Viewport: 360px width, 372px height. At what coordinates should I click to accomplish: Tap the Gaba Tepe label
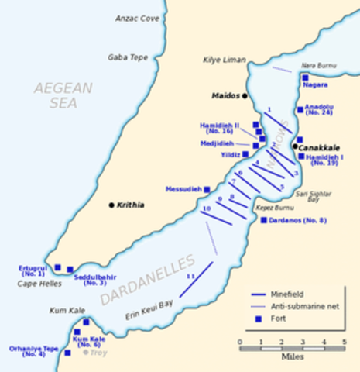(128, 57)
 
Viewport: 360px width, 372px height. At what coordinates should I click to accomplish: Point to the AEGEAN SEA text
(63, 95)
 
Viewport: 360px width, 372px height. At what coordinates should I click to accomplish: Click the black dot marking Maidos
(245, 96)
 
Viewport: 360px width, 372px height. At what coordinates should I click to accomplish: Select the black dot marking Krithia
(111, 205)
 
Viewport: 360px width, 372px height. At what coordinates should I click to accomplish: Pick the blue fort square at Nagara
(306, 78)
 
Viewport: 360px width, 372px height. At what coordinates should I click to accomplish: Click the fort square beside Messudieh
(207, 189)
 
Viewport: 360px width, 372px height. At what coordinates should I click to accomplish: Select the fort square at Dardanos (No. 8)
(263, 220)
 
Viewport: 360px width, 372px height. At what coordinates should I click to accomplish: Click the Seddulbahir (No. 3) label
(94, 280)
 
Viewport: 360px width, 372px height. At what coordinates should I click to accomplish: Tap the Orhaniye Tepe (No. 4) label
(33, 351)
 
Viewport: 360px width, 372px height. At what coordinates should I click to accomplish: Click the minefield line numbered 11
(197, 279)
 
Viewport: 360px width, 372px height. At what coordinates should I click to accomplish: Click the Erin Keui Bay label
(148, 309)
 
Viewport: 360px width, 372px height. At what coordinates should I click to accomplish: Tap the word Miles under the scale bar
(292, 358)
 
